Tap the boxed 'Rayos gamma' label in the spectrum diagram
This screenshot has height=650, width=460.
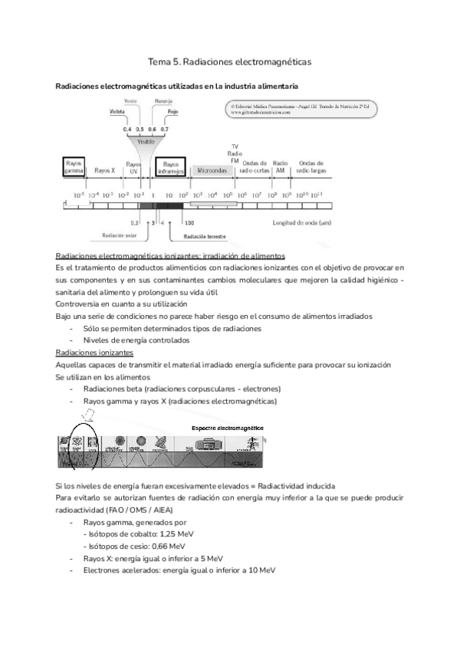[74, 167]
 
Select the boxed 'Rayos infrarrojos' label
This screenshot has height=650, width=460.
[172, 167]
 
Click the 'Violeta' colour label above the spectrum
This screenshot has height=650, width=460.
[117, 111]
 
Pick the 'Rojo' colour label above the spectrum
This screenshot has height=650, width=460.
[173, 111]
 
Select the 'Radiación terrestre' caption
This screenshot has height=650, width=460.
[205, 237]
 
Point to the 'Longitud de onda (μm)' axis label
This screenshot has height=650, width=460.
[302, 223]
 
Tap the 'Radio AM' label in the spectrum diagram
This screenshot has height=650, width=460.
[281, 167]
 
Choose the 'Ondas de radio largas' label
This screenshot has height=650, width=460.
[311, 167]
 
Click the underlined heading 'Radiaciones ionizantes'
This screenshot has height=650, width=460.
[95, 353]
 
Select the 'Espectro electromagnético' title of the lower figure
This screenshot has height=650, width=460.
[228, 426]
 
